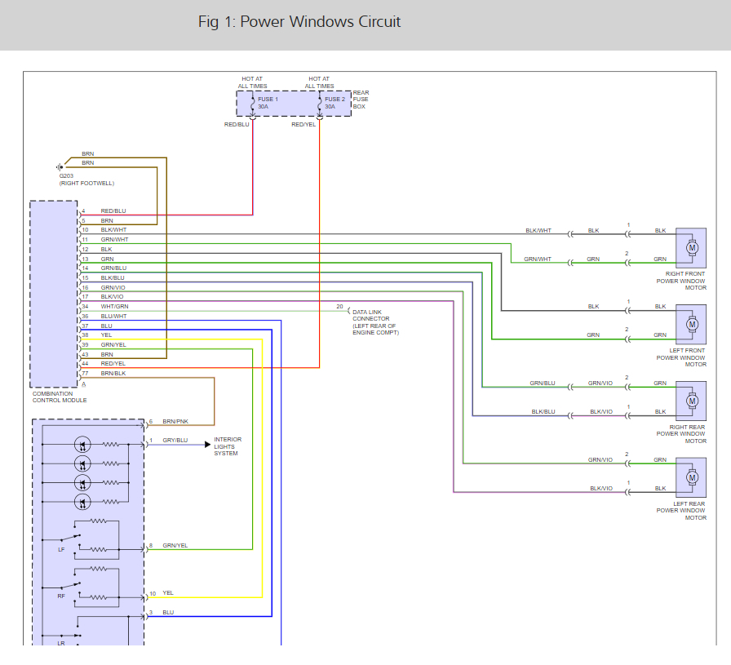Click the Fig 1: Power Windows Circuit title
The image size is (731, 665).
(299, 22)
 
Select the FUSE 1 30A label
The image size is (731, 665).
(268, 103)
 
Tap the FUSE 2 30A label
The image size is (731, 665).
(335, 103)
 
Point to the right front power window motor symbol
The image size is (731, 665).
(691, 246)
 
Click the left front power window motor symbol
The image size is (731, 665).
(691, 324)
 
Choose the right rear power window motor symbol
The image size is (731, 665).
(691, 401)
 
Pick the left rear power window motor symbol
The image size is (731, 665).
(691, 477)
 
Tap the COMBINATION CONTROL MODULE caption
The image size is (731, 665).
(59, 397)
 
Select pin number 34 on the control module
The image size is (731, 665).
(85, 307)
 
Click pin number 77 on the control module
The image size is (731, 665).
(85, 373)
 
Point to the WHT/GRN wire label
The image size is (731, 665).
(114, 307)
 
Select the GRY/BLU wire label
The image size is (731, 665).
(175, 441)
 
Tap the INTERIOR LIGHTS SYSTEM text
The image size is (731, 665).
(228, 446)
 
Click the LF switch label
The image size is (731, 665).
(61, 550)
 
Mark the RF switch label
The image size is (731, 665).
(61, 596)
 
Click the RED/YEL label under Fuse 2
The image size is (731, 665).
(303, 125)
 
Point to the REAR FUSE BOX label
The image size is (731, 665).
(361, 100)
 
